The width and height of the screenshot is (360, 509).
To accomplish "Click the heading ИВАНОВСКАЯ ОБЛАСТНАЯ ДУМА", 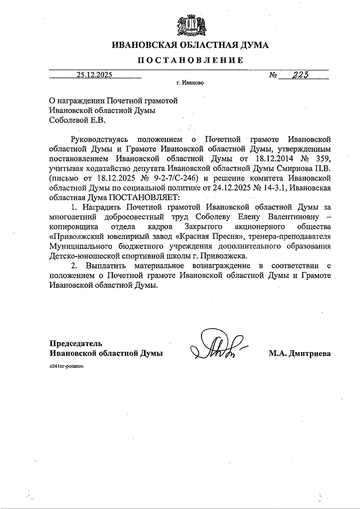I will (x=190, y=45).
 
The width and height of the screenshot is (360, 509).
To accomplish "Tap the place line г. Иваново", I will (x=190, y=83).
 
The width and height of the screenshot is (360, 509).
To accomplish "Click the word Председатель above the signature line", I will (x=76, y=343).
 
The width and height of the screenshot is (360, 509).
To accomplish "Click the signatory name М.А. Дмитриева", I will (x=300, y=353).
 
